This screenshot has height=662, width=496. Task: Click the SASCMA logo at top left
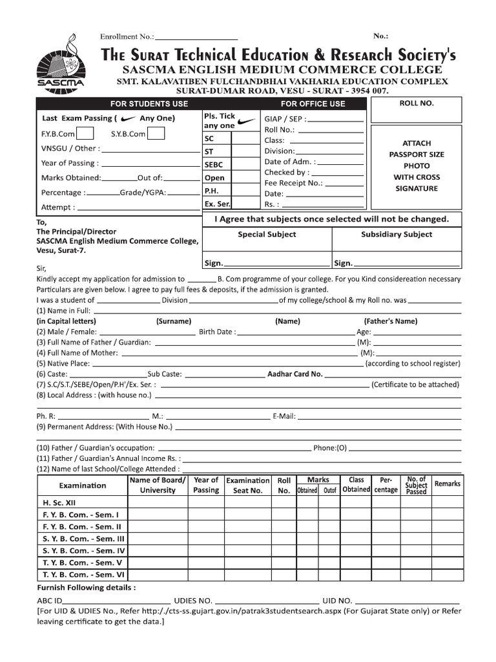pyautogui.click(x=59, y=67)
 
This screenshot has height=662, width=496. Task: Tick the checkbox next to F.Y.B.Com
pyautogui.click(x=86, y=134)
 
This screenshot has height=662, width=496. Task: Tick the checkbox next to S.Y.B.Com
pyautogui.click(x=156, y=134)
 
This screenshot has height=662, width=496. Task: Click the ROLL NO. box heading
pyautogui.click(x=417, y=103)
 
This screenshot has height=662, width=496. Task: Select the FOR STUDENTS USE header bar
pyautogui.click(x=149, y=103)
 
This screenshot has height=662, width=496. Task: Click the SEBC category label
pyautogui.click(x=214, y=165)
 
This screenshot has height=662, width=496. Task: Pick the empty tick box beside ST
pyautogui.click(x=245, y=152)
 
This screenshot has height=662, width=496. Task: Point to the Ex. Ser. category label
pyautogui.click(x=217, y=204)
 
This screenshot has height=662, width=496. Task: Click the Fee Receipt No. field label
pyautogui.click(x=293, y=183)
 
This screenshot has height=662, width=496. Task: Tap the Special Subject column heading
pyautogui.click(x=267, y=235)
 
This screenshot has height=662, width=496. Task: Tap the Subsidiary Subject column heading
pyautogui.click(x=397, y=235)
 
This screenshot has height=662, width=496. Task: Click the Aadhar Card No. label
pyautogui.click(x=294, y=374)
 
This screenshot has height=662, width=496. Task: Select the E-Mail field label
pyautogui.click(x=284, y=416)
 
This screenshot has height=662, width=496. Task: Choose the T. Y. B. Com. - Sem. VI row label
pyautogui.click(x=83, y=574)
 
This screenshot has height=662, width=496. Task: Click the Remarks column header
pyautogui.click(x=448, y=484)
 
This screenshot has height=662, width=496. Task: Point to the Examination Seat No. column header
pyautogui.click(x=248, y=486)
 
